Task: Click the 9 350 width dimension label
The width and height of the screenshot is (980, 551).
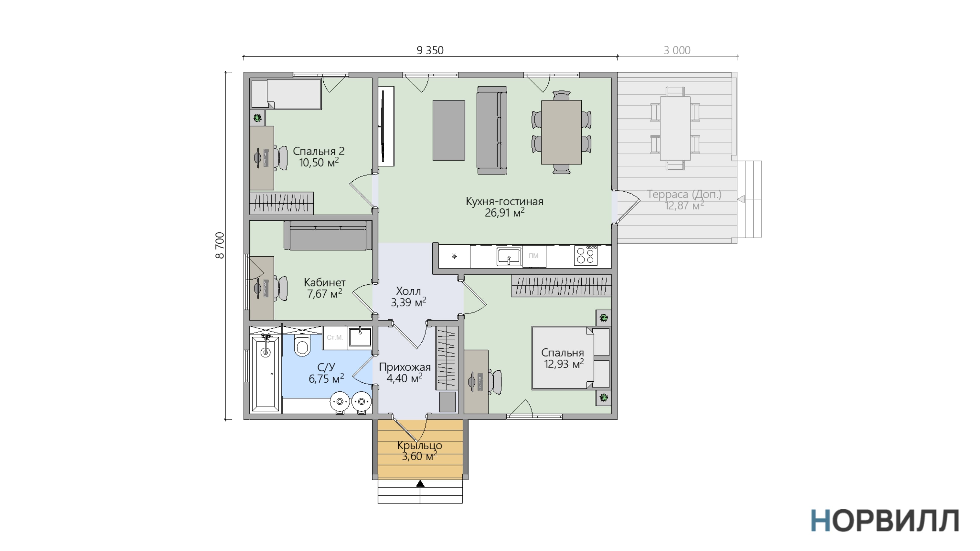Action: pyautogui.click(x=430, y=50)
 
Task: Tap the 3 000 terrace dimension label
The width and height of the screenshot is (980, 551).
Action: pyautogui.click(x=677, y=50)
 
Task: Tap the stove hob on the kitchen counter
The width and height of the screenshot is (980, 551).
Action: pyautogui.click(x=585, y=256)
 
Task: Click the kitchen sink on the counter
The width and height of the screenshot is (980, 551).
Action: pyautogui.click(x=509, y=257)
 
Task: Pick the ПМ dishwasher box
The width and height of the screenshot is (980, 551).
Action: pyautogui.click(x=534, y=256)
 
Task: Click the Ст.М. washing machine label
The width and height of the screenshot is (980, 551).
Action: pyautogui.click(x=335, y=337)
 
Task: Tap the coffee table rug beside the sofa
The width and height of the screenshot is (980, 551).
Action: pyautogui.click(x=449, y=130)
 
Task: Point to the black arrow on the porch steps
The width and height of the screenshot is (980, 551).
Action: pyautogui.click(x=420, y=484)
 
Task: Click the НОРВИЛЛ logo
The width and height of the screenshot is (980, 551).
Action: pyautogui.click(x=885, y=521)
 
